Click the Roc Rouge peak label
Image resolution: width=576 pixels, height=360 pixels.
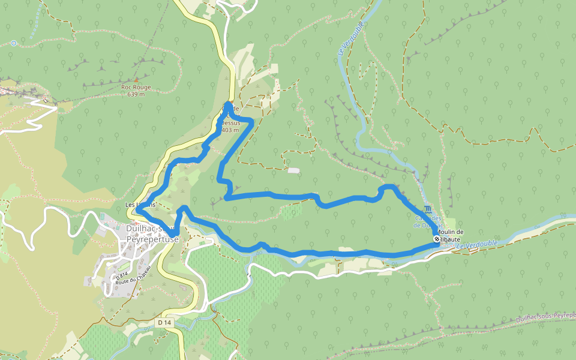136,87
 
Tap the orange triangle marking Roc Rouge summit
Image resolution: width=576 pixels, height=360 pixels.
136,79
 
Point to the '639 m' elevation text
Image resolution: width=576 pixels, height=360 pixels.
136,94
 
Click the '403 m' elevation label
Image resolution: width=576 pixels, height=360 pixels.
230,130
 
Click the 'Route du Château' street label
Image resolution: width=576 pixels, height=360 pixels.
133,277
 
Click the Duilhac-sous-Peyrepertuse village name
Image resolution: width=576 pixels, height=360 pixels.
152,233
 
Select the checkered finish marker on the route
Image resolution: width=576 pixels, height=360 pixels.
436,239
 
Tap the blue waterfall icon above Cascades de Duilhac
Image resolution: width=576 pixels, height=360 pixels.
427,209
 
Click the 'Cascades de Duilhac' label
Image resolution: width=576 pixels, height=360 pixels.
428,222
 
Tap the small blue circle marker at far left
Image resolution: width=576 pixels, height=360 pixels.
13,43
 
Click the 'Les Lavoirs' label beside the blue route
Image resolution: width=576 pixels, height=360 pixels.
140,205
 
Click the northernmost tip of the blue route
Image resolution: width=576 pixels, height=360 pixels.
229,104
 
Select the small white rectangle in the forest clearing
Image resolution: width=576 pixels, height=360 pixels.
293,171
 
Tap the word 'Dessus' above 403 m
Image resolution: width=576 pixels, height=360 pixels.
230,123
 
